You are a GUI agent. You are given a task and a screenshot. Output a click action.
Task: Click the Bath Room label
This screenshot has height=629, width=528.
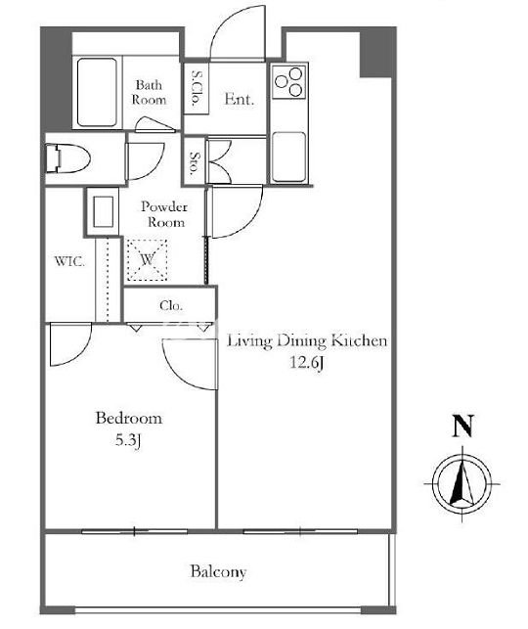pos(150,92)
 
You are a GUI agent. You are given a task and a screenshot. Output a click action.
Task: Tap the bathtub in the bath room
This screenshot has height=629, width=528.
pos(97,93)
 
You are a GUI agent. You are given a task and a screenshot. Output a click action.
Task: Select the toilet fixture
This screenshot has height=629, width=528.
pos(66,158)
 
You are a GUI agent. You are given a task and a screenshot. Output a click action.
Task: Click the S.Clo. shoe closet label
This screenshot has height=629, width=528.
pos(197,88)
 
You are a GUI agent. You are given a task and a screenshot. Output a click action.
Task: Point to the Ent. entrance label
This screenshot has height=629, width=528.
pos(239,99)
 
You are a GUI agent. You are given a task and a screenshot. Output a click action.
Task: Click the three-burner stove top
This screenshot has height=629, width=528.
pos(289,81)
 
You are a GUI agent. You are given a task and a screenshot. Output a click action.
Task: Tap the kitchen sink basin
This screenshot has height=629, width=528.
pos(288,157)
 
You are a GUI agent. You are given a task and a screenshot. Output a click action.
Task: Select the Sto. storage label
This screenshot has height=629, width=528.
pos(194,164)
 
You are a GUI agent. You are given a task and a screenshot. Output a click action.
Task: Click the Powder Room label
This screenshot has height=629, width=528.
pos(164,214)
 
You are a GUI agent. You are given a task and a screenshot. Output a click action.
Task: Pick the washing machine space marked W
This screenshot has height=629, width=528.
pos(147,260)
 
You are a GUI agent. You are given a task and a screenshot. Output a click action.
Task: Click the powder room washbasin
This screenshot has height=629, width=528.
pos(103,211)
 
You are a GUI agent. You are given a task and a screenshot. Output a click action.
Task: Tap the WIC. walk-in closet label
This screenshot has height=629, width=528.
pos(69,261)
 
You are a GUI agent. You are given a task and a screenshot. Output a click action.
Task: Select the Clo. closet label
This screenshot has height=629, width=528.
pos(171,305)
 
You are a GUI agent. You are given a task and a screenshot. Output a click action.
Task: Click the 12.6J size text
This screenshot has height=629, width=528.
pos(307,363)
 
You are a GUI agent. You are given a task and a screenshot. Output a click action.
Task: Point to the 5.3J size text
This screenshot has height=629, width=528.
pos(128,440)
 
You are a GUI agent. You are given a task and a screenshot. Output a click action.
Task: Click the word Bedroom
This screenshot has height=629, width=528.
pos(129,418)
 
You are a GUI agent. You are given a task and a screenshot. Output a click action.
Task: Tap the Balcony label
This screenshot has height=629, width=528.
pos(218,571)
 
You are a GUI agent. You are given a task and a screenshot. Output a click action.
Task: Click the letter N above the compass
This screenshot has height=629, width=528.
pos(462,427)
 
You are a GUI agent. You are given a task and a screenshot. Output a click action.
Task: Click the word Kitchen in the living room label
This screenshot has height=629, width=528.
pos(359,340)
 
